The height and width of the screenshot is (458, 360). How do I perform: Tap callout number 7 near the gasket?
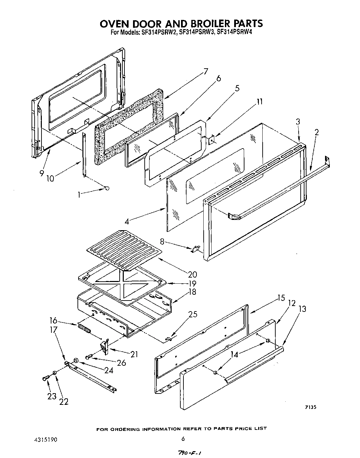click(205, 72)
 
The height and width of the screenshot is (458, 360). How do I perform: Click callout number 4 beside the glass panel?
click(127, 221)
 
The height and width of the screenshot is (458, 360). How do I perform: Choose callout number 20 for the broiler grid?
click(192, 274)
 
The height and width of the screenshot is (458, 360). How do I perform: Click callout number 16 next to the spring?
click(53, 321)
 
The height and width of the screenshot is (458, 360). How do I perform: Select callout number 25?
click(193, 314)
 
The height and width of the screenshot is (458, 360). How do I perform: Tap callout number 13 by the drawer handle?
click(302, 309)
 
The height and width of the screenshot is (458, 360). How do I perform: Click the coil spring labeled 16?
click(84, 329)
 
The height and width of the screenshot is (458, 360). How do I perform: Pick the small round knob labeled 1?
click(107, 188)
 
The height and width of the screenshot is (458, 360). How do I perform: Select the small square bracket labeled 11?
click(211, 140)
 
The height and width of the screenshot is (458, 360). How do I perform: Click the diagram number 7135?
click(310, 407)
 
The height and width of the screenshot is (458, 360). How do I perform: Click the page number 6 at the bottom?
click(183, 439)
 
